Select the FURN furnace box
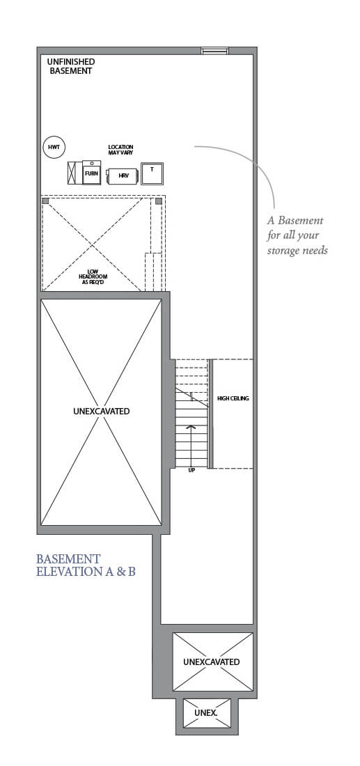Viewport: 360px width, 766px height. (92, 172)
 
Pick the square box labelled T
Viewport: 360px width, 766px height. (152, 173)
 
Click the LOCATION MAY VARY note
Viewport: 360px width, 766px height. (120, 150)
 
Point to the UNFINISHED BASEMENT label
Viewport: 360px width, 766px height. (70, 66)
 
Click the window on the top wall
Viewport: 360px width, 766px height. (214, 50)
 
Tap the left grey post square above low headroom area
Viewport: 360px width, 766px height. (46, 201)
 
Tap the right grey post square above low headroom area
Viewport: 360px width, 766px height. (159, 201)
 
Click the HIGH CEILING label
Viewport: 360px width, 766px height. (233, 398)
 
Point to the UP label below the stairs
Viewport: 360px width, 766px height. (191, 470)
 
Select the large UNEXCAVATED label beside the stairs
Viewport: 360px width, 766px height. (101, 412)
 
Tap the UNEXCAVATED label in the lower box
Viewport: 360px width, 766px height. (212, 662)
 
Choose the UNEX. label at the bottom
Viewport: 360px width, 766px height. (206, 714)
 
